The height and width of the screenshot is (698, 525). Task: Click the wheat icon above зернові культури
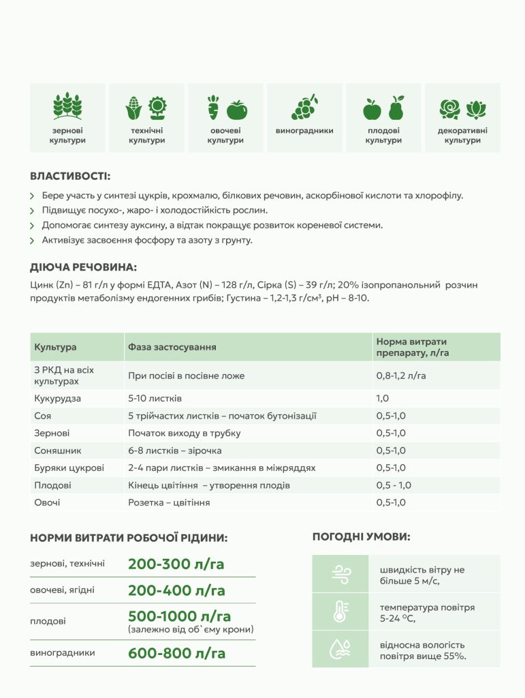click(67, 106)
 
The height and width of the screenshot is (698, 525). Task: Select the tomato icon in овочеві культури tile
click(237, 108)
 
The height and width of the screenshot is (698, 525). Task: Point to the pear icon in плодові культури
click(396, 107)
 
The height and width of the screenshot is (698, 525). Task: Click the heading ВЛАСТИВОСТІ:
click(70, 176)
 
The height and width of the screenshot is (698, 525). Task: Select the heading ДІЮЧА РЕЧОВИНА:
click(84, 267)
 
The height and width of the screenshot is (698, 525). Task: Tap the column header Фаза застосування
click(172, 347)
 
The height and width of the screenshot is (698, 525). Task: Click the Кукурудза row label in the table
click(58, 398)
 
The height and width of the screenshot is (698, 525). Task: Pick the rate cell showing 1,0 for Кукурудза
click(383, 398)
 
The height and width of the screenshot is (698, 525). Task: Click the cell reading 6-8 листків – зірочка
click(175, 451)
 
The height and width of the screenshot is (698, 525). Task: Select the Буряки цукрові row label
click(69, 468)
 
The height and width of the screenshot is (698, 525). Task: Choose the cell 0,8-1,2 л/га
click(402, 376)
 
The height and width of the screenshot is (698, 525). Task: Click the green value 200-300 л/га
click(176, 564)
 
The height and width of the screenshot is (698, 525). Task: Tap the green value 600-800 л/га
click(176, 653)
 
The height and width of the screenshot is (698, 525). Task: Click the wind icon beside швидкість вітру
click(340, 574)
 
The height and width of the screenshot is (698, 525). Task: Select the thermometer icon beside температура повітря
click(340, 611)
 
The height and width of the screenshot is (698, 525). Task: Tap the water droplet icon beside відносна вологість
click(340, 649)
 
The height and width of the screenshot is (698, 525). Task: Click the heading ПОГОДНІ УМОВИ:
click(361, 537)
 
